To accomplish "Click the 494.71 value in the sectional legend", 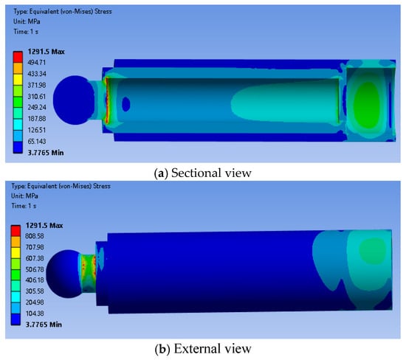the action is (x=36, y=63).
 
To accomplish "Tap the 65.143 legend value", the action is (x=36, y=142).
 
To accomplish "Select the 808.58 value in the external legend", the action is (x=35, y=236).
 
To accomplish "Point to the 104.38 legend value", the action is (x=35, y=314).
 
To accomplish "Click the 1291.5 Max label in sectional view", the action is (x=46, y=52).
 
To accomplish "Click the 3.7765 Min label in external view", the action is (x=44, y=325).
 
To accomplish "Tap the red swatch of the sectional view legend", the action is (x=18, y=57).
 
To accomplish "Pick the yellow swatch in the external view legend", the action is (x=16, y=253).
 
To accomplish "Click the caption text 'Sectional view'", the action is (x=211, y=173).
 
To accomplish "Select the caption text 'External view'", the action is (x=213, y=349).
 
